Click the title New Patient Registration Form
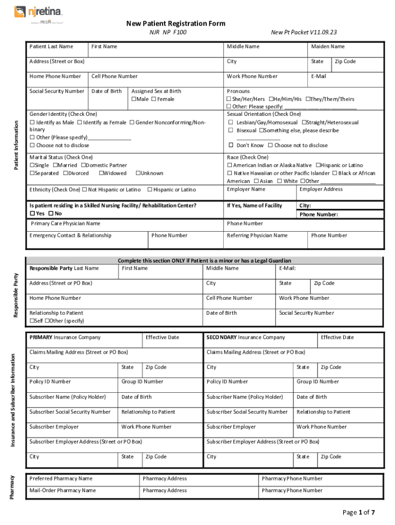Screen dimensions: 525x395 [176, 24]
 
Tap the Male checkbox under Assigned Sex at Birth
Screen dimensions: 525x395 [134, 99]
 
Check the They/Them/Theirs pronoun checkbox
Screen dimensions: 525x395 [308, 99]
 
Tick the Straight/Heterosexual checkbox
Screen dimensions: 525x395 [303, 123]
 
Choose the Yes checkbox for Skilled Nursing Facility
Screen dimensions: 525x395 [32, 214]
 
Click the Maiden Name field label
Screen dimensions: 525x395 [328, 47]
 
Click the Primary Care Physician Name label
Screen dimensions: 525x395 [66, 224]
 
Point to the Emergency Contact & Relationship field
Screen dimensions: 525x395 [70, 235]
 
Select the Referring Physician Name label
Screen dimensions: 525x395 [257, 235]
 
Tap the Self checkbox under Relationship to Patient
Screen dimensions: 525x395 [32, 321]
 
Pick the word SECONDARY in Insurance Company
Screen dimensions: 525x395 [221, 337]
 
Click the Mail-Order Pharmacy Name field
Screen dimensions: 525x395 [63, 491]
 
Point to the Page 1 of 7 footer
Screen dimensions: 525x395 [359, 512]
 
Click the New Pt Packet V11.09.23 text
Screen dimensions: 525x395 [304, 32]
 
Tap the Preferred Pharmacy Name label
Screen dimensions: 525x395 [61, 478]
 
